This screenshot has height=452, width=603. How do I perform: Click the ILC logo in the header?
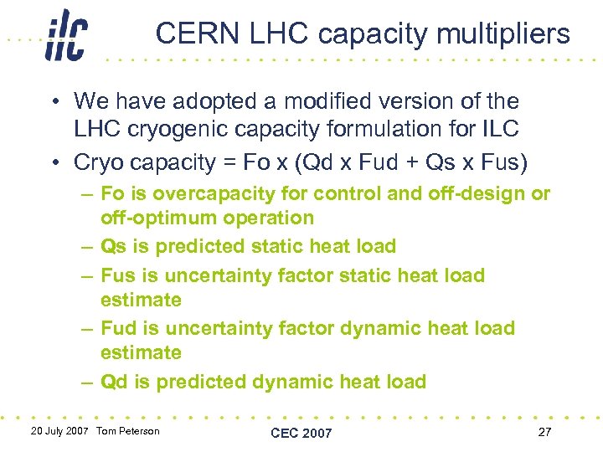pyautogui.click(x=66, y=34)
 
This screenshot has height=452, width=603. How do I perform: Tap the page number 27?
pyautogui.click(x=544, y=431)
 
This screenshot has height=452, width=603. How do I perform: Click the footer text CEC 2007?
pyautogui.click(x=301, y=433)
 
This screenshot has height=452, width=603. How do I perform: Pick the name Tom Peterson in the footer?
pyautogui.click(x=127, y=430)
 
